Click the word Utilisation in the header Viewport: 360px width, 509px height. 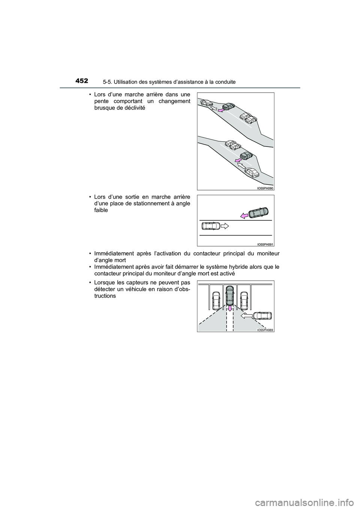click(x=125, y=82)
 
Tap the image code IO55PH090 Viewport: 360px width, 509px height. click(x=265, y=188)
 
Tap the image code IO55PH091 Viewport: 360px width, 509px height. click(x=265, y=244)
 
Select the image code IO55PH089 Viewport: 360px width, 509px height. click(x=265, y=330)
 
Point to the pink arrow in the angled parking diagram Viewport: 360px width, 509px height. click(x=244, y=215)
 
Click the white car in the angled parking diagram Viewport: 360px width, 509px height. click(x=209, y=226)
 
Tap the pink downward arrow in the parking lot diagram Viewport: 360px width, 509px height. click(x=229, y=308)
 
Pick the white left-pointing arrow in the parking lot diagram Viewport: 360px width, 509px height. click(x=246, y=316)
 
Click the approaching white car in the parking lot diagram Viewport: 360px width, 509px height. click(x=262, y=316)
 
